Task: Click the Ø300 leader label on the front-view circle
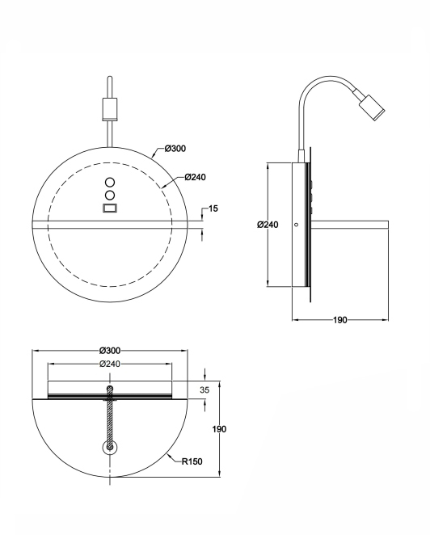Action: (x=175, y=149)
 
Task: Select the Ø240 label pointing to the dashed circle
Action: (x=196, y=177)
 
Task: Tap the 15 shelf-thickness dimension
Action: (x=213, y=209)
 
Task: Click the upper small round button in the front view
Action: (x=110, y=182)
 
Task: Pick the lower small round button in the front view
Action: (x=110, y=195)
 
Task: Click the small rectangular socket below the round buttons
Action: (x=110, y=208)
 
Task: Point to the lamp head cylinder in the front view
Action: (x=110, y=109)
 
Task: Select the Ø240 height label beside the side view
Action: (x=268, y=225)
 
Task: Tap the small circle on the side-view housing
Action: (x=296, y=225)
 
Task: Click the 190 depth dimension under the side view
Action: (x=340, y=320)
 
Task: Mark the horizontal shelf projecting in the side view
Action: (x=349, y=225)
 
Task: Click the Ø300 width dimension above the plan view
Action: (x=110, y=351)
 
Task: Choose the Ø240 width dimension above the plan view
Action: (x=110, y=364)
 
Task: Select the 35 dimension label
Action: (x=204, y=390)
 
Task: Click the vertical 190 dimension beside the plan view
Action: (x=219, y=429)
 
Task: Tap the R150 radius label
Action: (x=192, y=461)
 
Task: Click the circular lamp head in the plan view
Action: (x=110, y=447)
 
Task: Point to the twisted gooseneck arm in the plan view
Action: (x=110, y=417)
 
